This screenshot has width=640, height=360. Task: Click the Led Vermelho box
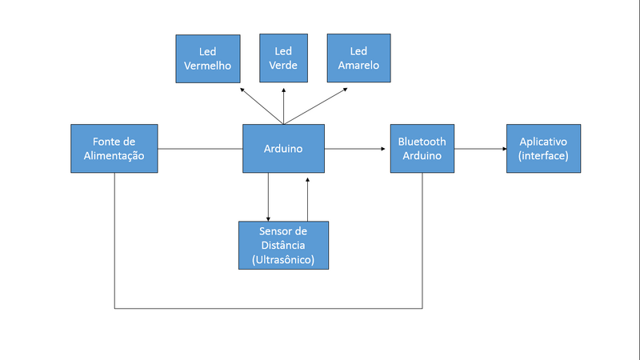click(x=207, y=58)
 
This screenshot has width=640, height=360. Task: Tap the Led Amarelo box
click(x=358, y=58)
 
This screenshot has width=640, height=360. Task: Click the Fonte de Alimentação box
click(x=114, y=149)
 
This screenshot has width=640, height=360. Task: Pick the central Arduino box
click(x=283, y=149)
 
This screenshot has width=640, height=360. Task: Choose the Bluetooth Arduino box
click(x=422, y=149)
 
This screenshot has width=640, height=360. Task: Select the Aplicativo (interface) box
click(x=543, y=149)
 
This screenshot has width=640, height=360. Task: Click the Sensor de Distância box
click(x=283, y=245)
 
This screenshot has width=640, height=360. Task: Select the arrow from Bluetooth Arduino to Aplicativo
click(x=479, y=149)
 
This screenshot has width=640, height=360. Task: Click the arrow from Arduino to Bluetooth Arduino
click(x=357, y=149)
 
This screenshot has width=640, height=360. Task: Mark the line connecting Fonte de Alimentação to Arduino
click(x=200, y=149)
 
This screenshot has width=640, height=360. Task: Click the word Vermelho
click(x=207, y=66)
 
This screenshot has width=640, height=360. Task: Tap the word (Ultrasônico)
click(x=283, y=260)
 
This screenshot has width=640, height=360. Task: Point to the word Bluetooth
click(x=422, y=142)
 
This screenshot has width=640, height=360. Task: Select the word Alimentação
click(x=114, y=156)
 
